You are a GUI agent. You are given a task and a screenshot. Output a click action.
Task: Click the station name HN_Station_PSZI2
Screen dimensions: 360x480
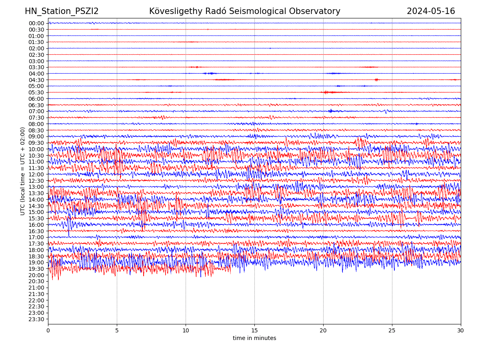(x=62, y=12)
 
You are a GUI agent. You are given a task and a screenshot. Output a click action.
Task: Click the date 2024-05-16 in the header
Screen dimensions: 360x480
(x=431, y=12)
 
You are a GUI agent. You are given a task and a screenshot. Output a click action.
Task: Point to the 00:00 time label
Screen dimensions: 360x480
(x=36, y=23)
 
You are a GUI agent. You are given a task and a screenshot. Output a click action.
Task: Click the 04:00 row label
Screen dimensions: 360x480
(x=36, y=74)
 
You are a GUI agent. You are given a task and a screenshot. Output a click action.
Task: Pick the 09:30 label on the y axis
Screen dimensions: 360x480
(x=36, y=143)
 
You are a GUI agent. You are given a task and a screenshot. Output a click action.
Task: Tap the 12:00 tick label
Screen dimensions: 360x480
(x=36, y=174)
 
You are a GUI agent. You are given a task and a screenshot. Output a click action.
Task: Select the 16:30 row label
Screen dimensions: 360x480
(x=36, y=231)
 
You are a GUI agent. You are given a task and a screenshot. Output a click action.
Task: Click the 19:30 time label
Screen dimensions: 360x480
(x=36, y=269)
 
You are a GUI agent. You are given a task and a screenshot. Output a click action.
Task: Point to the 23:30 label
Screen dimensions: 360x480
(x=36, y=319)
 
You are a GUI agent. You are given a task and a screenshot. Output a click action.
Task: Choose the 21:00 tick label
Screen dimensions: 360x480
(x=36, y=288)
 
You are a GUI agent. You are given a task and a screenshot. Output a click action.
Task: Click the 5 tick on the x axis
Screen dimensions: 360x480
(x=117, y=331)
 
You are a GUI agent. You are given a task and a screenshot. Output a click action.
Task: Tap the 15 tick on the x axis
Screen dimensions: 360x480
(x=254, y=331)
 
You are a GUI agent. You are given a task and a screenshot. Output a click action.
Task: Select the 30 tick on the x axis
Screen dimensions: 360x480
(x=461, y=331)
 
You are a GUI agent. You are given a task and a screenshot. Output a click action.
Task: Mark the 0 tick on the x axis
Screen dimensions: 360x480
(x=48, y=331)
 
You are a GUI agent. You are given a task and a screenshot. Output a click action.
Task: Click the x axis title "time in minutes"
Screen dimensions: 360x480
(x=254, y=338)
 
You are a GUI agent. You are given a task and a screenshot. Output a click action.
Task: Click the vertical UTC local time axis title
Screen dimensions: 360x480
(x=23, y=171)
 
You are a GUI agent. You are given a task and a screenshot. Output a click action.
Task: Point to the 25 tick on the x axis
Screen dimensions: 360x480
(x=392, y=331)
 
